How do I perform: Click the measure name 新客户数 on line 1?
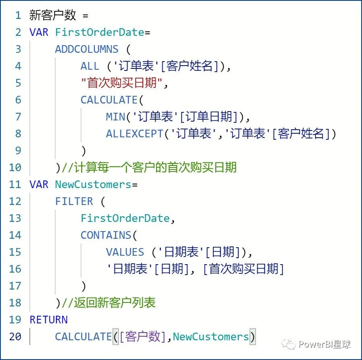tap(52, 15)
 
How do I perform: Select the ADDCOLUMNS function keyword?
tap(87, 49)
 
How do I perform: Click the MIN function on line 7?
tap(116, 117)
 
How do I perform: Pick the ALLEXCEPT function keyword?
tap(135, 134)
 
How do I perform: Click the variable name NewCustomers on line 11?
tap(93, 184)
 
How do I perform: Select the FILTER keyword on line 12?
tap(74, 201)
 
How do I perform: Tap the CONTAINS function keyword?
tap(106, 235)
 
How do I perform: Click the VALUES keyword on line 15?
tap(125, 252)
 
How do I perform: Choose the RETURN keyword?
tap(48, 320)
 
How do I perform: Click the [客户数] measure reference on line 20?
tap(143, 337)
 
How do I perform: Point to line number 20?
tap(15, 337)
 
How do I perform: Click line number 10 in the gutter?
tap(15, 168)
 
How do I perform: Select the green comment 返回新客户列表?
tap(114, 303)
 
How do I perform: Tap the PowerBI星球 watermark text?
tap(324, 344)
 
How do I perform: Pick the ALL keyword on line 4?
tap(89, 66)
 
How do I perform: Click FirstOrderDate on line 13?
tap(125, 218)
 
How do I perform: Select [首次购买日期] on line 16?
tap(243, 269)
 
